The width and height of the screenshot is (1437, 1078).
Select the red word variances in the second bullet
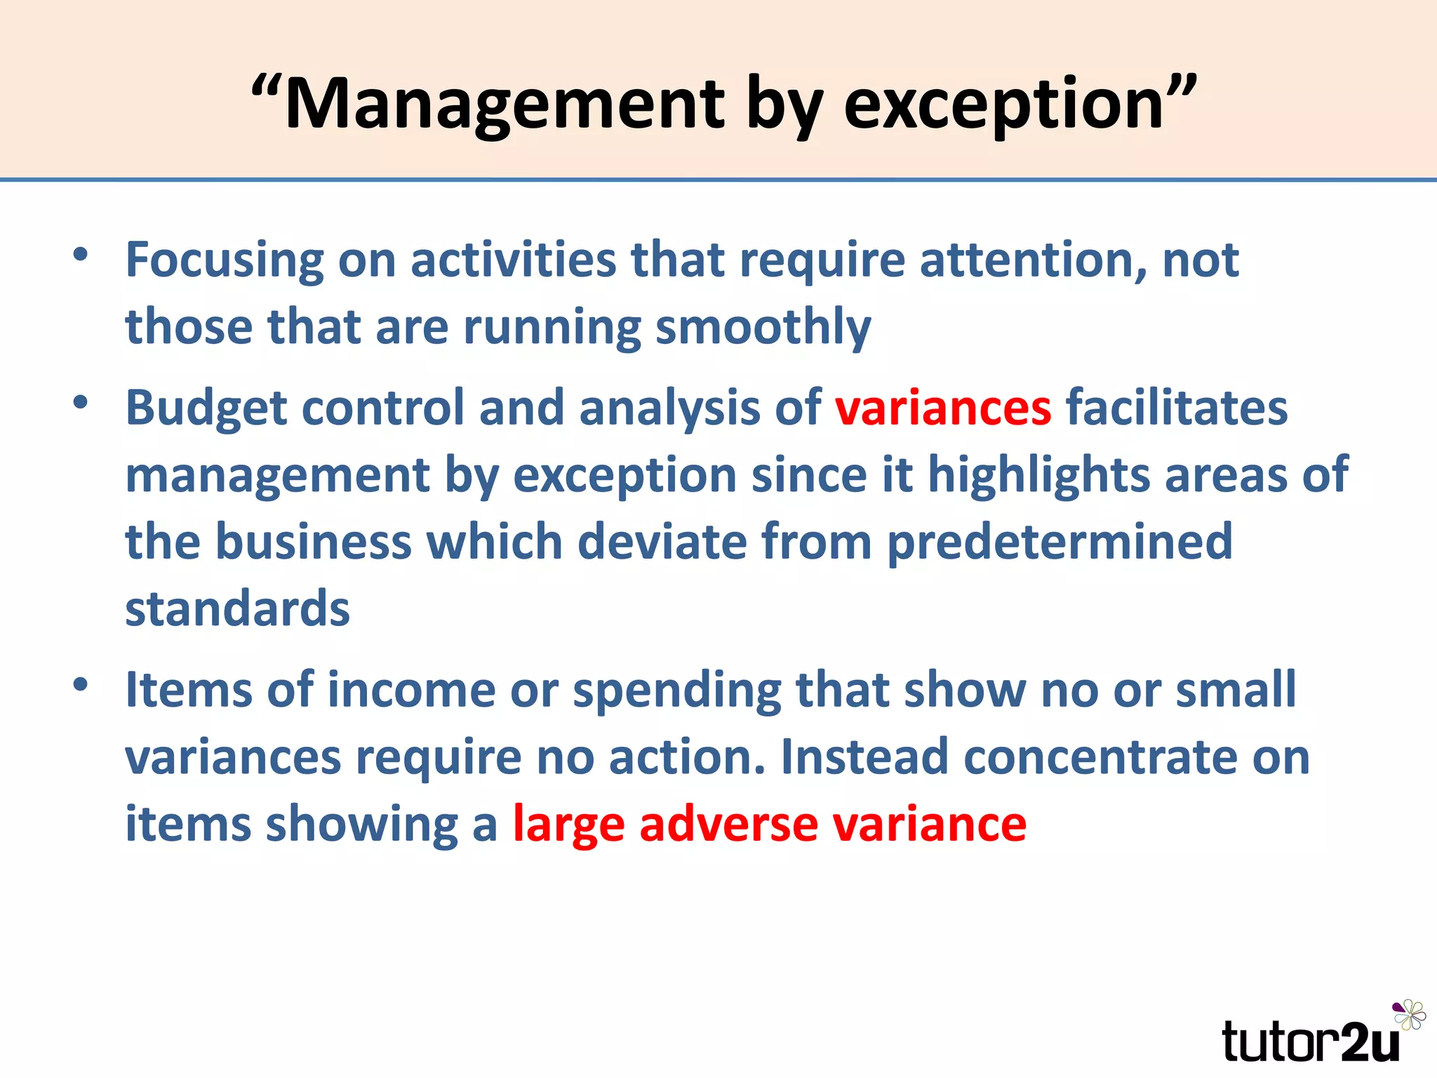pyautogui.click(x=942, y=408)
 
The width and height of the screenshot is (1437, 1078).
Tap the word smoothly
pyautogui.click(x=763, y=328)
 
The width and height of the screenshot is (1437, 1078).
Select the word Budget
pyautogui.click(x=206, y=409)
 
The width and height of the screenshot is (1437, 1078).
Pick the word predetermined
pyautogui.click(x=1060, y=543)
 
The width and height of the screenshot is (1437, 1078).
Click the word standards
pyautogui.click(x=237, y=608)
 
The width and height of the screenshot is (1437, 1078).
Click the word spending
pyautogui.click(x=677, y=691)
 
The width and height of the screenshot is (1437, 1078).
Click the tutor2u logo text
pyautogui.click(x=1309, y=1041)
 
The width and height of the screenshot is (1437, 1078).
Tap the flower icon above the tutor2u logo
pyautogui.click(x=1409, y=1014)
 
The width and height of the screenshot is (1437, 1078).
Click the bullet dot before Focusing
pyautogui.click(x=81, y=254)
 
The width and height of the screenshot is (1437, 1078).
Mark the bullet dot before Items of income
pyautogui.click(x=81, y=683)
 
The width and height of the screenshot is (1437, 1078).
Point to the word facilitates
pyautogui.click(x=1177, y=408)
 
